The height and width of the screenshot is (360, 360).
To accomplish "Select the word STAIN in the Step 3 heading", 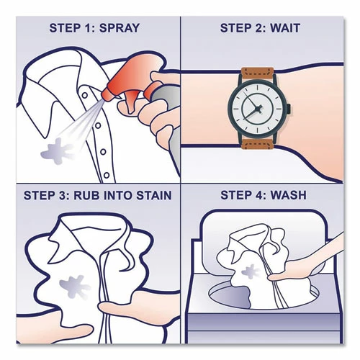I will coord(143,195).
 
